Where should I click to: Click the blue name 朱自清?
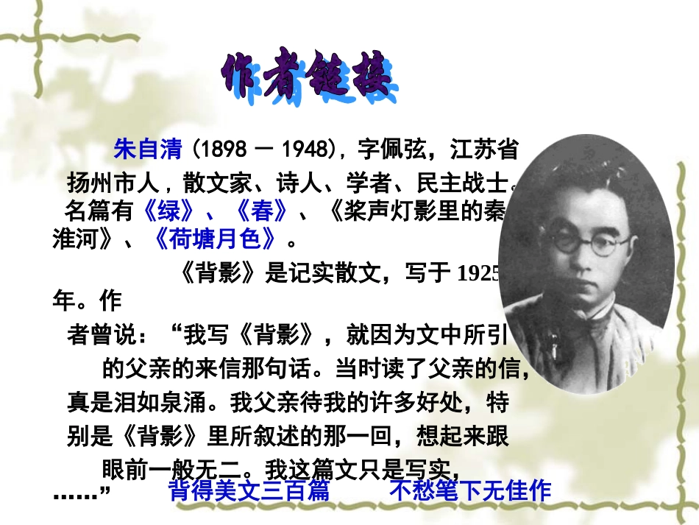coord(147,149)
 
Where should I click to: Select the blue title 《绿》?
coord(168,211)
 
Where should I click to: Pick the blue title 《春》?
coord(261,211)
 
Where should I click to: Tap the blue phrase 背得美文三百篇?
coord(249,490)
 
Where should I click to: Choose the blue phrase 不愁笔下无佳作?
coord(470,490)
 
